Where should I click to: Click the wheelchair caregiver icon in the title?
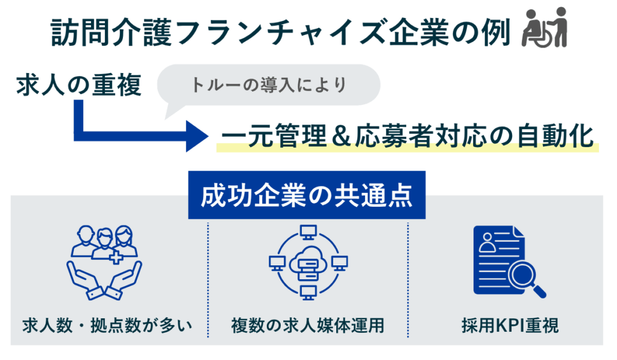coord(545,28)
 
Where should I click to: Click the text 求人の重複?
coord(79,85)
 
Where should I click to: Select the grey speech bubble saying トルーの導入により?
coord(269,85)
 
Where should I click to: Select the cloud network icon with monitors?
coord(307,264)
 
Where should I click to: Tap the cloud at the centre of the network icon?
coord(307,262)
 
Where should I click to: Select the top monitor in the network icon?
coord(307,232)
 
